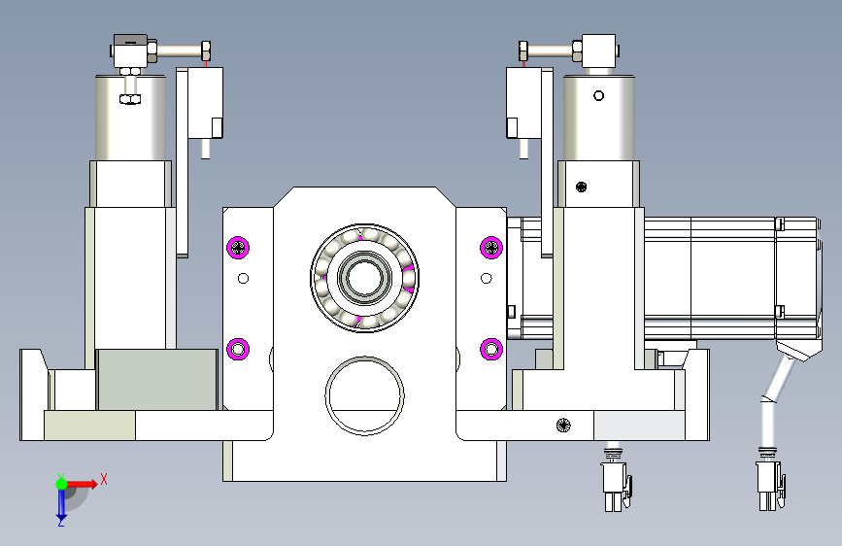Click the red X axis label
[x=104, y=479]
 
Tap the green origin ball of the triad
[x=62, y=484]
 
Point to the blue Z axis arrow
[x=61, y=504]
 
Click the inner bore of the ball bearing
[x=364, y=277]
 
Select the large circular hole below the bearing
[x=364, y=395]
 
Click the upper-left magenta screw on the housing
[x=238, y=247]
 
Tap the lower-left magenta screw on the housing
[x=238, y=350]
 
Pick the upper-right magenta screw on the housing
[x=491, y=247]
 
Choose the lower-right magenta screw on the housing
[x=491, y=350]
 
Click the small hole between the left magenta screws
[x=243, y=279]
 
